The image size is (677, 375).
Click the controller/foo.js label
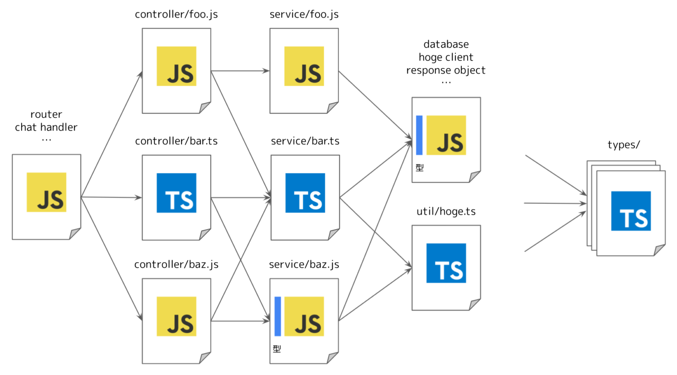pyautogui.click(x=176, y=15)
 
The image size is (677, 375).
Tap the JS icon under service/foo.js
pyautogui.click(x=304, y=66)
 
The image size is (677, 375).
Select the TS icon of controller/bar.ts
pyautogui.click(x=176, y=193)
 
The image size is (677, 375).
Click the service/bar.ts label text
pyautogui.click(x=305, y=141)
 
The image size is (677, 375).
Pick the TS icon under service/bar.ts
pyautogui.click(x=305, y=193)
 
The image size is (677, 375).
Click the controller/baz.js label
pyautogui.click(x=176, y=264)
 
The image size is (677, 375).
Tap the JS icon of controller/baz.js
pyautogui.click(x=176, y=316)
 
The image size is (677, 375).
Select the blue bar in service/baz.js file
pyautogui.click(x=278, y=316)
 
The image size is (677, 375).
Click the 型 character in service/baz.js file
pyautogui.click(x=277, y=349)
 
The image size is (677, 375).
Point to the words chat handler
pyautogui.click(x=46, y=127)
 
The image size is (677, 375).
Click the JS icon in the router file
pyautogui.click(x=46, y=192)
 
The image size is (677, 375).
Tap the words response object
pyautogui.click(x=446, y=70)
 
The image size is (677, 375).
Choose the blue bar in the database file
pyautogui.click(x=419, y=135)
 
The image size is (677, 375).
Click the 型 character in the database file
pyautogui.click(x=420, y=168)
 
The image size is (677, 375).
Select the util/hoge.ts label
pyautogui.click(x=446, y=211)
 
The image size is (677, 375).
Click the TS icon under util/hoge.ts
pyautogui.click(x=446, y=263)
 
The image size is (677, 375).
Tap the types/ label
pyautogui.click(x=623, y=145)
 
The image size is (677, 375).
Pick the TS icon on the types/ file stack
pyautogui.click(x=631, y=211)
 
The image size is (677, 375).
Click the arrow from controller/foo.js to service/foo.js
pyautogui.click(x=240, y=70)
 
